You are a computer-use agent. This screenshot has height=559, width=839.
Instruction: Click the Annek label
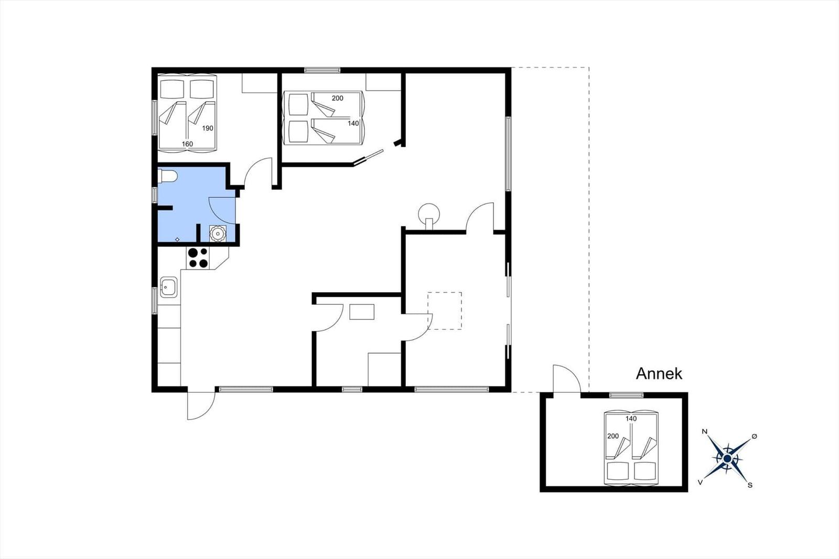point(659,374)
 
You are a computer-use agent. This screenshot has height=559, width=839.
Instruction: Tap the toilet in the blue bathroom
point(167,176)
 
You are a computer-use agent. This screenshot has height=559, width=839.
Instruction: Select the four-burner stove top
point(198,258)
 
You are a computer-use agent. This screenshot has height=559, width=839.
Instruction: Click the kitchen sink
point(168,287)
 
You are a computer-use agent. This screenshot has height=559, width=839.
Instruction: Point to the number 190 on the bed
point(208,128)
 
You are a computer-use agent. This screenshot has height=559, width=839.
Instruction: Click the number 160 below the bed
point(187,144)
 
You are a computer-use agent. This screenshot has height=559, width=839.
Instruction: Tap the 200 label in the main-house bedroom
point(338,98)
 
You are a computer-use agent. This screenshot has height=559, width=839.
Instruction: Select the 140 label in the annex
point(631,418)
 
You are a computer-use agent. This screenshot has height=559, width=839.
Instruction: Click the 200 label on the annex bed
point(613,436)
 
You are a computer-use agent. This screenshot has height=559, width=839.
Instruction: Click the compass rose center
point(727,459)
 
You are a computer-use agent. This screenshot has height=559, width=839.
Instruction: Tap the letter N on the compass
point(704,432)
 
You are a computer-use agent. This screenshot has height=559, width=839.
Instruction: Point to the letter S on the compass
point(750,485)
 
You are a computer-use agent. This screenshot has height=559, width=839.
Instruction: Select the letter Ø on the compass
point(755,436)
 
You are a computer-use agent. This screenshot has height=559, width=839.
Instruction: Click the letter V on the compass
point(700,482)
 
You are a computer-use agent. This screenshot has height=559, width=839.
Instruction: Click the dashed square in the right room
point(445,292)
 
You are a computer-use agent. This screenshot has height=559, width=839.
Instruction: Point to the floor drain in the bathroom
point(177,239)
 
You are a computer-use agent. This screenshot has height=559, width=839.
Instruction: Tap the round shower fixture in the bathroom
point(217,233)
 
